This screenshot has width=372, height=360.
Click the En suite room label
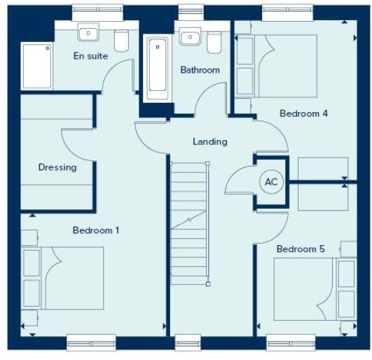90,56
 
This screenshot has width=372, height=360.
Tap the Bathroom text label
200,70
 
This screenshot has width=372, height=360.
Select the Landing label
210,141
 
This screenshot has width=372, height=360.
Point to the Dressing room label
57,167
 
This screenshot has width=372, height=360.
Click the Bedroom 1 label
96,230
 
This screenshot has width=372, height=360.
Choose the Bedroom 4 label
303,113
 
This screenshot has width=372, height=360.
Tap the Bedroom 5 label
301,249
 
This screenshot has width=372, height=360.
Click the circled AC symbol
271,182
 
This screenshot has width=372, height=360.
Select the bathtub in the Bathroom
158,68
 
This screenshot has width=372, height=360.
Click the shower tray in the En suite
36,66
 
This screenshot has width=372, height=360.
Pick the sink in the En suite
88,32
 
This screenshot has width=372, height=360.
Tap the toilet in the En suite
121,41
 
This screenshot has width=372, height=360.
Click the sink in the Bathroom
190,36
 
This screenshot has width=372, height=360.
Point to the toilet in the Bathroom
214,42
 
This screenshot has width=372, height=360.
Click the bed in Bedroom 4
276,66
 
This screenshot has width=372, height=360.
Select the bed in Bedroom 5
315,289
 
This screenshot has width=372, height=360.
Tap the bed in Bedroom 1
62,278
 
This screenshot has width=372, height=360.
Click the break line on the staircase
188,220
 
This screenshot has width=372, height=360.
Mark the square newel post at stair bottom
208,284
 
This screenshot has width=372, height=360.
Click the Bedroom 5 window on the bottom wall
291,343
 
